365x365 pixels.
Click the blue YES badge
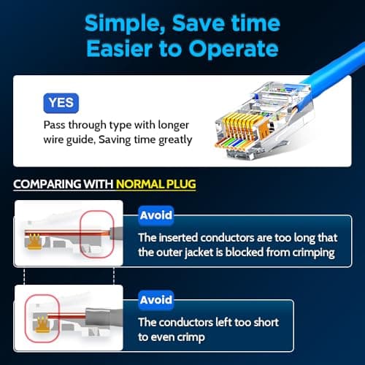coord(61,103)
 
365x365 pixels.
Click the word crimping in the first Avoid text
coord(312,252)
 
